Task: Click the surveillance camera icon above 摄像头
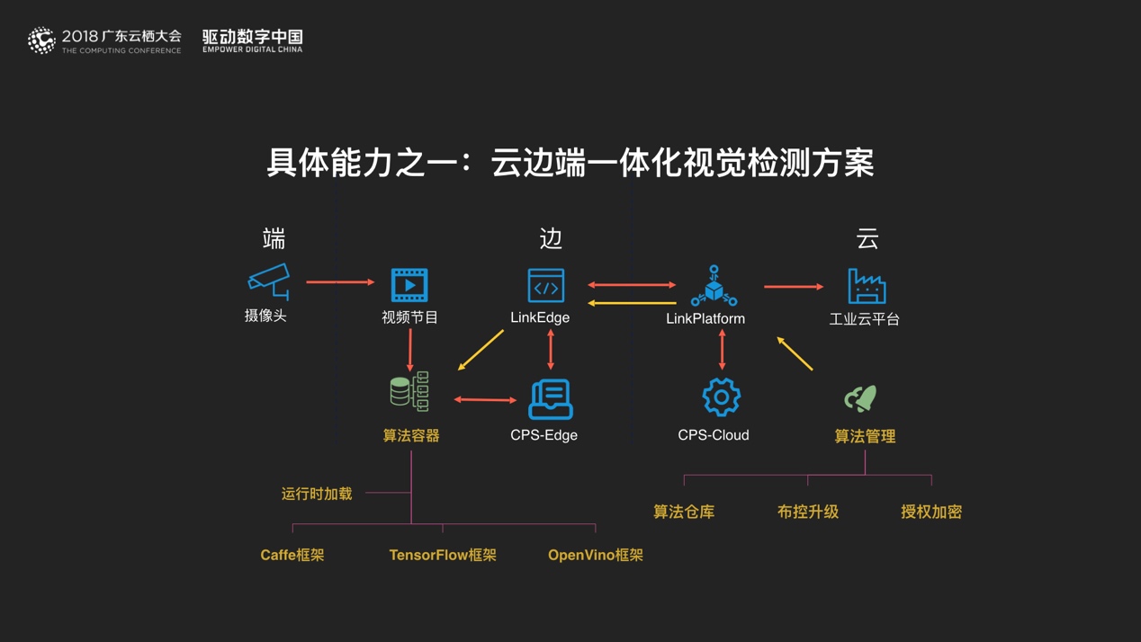click(269, 281)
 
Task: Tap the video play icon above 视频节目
click(409, 285)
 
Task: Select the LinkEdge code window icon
click(546, 285)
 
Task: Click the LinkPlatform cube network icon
click(714, 286)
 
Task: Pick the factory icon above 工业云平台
click(867, 286)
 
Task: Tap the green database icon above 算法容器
click(409, 392)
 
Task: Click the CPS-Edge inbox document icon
click(550, 399)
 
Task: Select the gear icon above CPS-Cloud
click(721, 397)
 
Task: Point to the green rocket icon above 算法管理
click(861, 397)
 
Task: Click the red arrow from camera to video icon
click(340, 282)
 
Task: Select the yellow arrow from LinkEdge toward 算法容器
click(481, 351)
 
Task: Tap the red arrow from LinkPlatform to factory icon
click(793, 287)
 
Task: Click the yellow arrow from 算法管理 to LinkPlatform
click(795, 353)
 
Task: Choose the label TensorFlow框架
click(443, 555)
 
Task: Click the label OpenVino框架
click(595, 555)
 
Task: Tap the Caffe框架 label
click(292, 555)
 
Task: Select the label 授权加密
click(931, 512)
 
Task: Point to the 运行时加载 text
click(317, 494)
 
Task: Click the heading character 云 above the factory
click(867, 239)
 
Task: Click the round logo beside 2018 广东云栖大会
click(41, 40)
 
